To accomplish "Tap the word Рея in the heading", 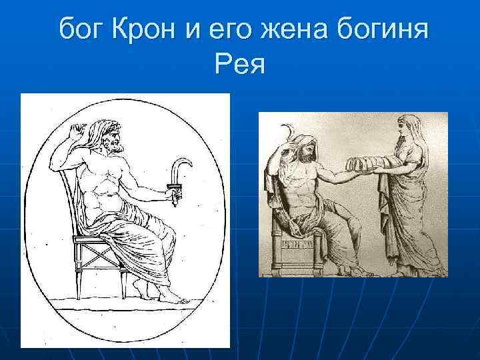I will click(x=240, y=64).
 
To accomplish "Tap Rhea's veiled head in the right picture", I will click(x=407, y=127).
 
